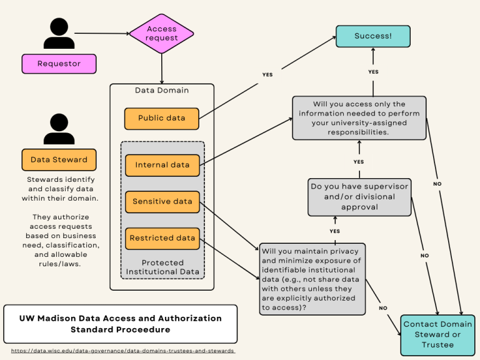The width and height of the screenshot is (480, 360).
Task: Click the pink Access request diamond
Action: [x=162, y=34]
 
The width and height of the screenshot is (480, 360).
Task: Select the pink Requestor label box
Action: [x=59, y=64]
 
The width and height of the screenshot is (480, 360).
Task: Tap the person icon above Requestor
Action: [x=59, y=34]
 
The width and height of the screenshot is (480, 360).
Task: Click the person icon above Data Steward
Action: [x=59, y=129]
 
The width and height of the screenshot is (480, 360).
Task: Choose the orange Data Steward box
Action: [x=59, y=159]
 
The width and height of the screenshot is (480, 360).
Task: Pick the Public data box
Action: [x=162, y=118]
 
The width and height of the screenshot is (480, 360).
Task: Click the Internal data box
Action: [x=162, y=165]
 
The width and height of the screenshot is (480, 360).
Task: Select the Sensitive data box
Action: [x=162, y=202]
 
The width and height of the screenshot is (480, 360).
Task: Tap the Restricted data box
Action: [x=162, y=238]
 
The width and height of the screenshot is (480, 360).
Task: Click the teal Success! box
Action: [x=373, y=36]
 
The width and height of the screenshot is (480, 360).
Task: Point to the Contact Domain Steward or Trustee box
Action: [x=437, y=334]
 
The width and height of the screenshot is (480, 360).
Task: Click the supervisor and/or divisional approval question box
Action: [x=360, y=197]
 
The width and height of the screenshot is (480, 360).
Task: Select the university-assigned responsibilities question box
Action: [x=359, y=118]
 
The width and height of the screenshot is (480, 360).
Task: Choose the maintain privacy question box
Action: [x=312, y=279]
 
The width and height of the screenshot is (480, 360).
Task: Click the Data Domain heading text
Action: [x=162, y=90]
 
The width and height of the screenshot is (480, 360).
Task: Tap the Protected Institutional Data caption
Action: [x=162, y=267]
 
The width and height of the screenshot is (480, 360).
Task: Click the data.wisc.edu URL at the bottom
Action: [x=123, y=351]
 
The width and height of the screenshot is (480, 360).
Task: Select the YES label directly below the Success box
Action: [x=373, y=72]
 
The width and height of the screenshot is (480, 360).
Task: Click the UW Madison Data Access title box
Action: [x=120, y=324]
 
